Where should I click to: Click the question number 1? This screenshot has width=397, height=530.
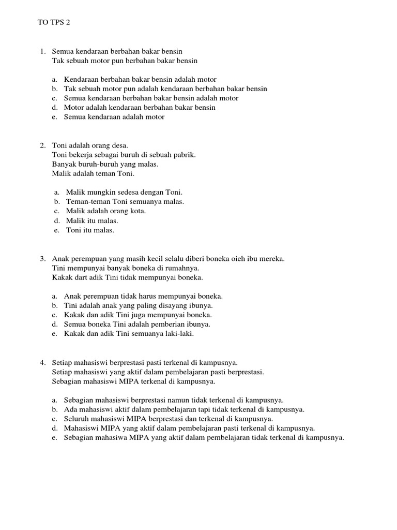coord(42,51)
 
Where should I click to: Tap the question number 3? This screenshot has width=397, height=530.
coord(42,258)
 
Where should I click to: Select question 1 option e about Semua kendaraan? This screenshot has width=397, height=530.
coord(114,117)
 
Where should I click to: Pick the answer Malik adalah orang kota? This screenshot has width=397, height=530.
coord(106,211)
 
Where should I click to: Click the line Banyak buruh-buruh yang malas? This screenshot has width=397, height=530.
coord(105,164)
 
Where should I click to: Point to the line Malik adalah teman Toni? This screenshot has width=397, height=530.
coord(93,173)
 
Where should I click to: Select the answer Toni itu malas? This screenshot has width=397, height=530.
coord(90,230)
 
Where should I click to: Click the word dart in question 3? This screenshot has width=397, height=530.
coord(81,277)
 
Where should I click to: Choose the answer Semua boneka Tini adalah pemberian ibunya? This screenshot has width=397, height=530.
coord(137,325)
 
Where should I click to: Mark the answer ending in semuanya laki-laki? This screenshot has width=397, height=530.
coord(129,334)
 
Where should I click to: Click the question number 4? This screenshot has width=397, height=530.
coord(42,362)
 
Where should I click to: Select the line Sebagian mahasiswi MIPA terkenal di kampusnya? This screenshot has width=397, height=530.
coord(133,381)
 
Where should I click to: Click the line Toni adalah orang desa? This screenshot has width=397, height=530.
coord(90,145)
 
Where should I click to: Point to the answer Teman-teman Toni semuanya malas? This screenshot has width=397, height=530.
coord(125,202)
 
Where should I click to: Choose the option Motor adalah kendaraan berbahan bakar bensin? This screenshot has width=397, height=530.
coord(140,108)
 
